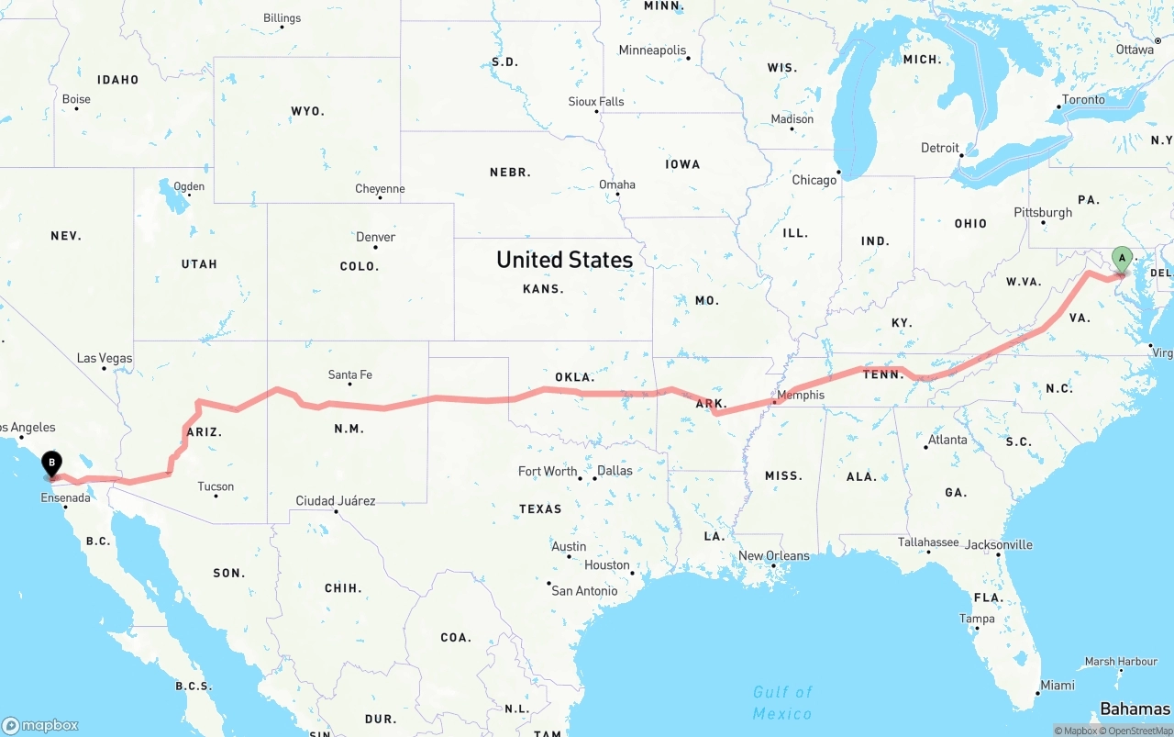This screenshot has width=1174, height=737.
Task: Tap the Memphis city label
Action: tap(800, 396)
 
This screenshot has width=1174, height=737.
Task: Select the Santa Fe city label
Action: tap(350, 374)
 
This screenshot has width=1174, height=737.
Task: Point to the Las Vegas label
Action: tap(105, 359)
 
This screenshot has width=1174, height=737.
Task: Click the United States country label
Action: tap(564, 260)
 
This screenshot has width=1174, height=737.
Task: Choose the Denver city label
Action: tap(376, 237)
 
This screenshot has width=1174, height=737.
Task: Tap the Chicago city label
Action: tap(814, 180)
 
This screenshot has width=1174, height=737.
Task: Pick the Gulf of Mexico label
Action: tap(782, 702)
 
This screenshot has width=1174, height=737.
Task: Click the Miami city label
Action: tap(1058, 686)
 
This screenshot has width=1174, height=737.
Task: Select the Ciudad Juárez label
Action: tap(335, 501)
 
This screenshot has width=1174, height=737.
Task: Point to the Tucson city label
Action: tap(216, 486)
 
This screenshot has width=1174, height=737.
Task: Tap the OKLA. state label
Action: tap(575, 377)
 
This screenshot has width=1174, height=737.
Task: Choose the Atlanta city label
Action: tap(947, 440)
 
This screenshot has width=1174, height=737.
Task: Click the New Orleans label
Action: tap(774, 555)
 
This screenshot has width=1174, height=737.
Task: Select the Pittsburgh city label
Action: tap(1043, 212)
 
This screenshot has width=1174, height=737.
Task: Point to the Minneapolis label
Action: tap(652, 50)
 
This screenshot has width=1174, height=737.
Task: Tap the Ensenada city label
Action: tap(65, 497)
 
